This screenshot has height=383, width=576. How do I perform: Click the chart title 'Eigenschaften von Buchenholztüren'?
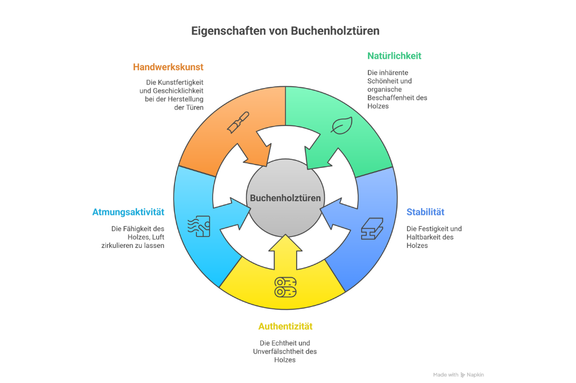click(x=285, y=30)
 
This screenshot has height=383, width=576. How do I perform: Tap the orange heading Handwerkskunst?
click(x=168, y=67)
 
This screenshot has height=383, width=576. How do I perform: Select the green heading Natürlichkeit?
click(x=394, y=56)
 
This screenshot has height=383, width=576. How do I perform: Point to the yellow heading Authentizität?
click(x=285, y=327)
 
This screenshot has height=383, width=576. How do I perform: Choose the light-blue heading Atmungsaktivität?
click(x=128, y=212)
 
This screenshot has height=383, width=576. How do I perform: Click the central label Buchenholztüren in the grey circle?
click(x=285, y=198)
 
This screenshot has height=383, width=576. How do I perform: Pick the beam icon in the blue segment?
click(x=372, y=228)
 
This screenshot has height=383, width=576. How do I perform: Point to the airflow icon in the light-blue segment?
click(x=199, y=227)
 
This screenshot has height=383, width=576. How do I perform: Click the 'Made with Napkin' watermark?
click(x=459, y=374)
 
